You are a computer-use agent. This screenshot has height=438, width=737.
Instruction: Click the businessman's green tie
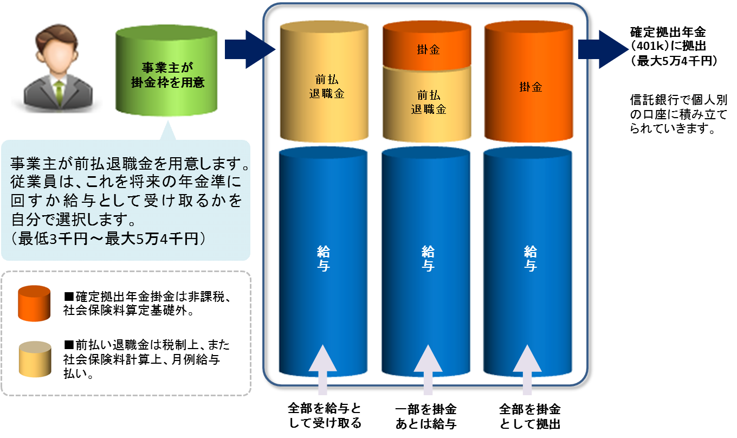pyautogui.click(x=59, y=93)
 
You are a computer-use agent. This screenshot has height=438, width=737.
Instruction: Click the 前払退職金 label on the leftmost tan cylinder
pyautogui.click(x=324, y=86)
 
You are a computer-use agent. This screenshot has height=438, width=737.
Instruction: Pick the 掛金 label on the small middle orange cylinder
pyautogui.click(x=428, y=50)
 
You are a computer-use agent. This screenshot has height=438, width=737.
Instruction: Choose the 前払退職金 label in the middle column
pyautogui.click(x=428, y=101)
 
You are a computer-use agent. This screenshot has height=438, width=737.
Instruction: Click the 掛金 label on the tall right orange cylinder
pyautogui.click(x=529, y=87)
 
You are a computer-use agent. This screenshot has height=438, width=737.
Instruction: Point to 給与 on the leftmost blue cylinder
pyautogui.click(x=324, y=259)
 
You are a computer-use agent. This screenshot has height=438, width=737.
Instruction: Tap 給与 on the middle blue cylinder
pyautogui.click(x=428, y=259)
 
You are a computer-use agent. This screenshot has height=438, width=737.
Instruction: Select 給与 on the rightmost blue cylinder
pyautogui.click(x=529, y=259)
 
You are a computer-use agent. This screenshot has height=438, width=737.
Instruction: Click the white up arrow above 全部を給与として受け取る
pyautogui.click(x=323, y=369)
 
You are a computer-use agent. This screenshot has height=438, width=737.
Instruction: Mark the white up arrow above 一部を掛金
pyautogui.click(x=428, y=369)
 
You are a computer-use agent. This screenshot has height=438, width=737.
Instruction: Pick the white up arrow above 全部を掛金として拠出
pyautogui.click(x=529, y=369)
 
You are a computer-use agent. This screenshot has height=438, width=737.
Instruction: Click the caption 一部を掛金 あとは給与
pyautogui.click(x=425, y=416)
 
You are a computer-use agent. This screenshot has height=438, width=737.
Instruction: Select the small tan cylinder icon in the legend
pyautogui.click(x=34, y=357)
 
